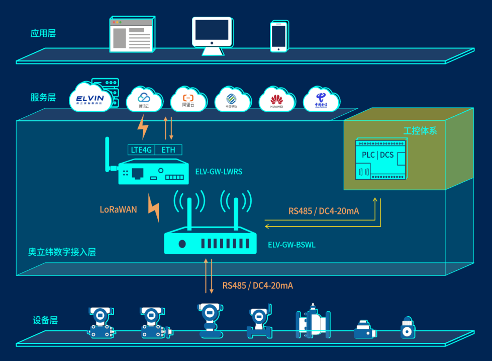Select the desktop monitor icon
click(x=212, y=36)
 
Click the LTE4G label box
click(x=141, y=150)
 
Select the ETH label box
click(x=168, y=150)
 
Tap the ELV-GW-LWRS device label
click(x=219, y=172)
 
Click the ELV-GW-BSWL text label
click(x=291, y=245)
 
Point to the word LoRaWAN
click(x=118, y=210)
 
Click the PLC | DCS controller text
click(x=378, y=155)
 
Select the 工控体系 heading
click(x=420, y=131)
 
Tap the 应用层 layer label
click(x=43, y=34)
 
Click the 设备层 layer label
click(x=45, y=320)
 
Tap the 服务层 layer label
click(x=43, y=97)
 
